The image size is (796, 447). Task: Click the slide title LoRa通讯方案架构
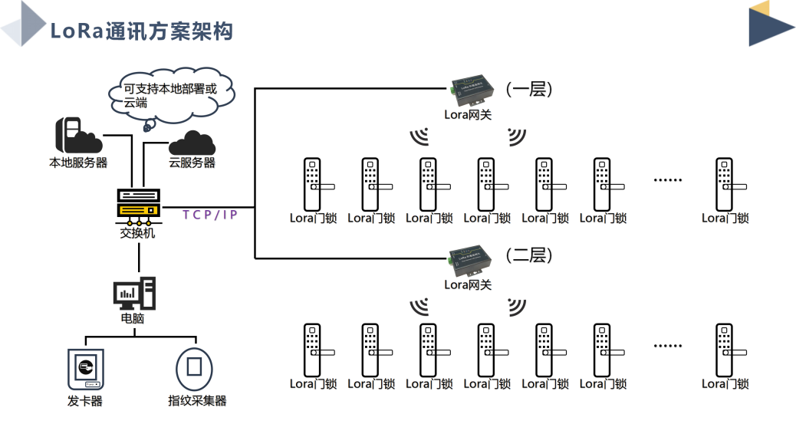pos(141,31)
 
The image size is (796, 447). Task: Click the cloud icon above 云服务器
pos(191,143)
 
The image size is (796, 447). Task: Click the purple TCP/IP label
pos(210,215)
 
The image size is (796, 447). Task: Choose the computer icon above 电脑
pos(134,293)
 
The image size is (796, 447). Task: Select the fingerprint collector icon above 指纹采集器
pos(195,369)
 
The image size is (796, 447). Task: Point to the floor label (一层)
pos(528,89)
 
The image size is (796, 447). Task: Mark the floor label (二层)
pos(528,255)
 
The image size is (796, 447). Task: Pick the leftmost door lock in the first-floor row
pos(312,185)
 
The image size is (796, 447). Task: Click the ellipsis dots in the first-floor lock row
pos(667,180)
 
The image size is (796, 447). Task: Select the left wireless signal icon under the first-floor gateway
pos(419,136)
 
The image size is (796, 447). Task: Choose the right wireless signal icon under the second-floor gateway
pos(516,307)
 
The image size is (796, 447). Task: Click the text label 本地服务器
pos(78,163)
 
